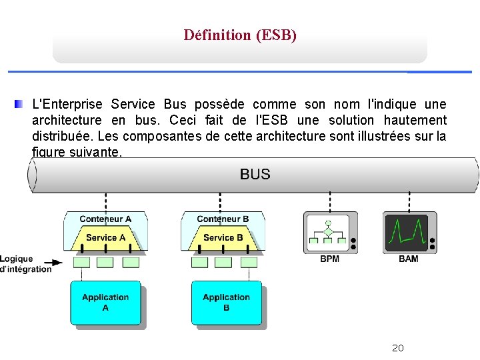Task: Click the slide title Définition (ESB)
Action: coord(240,35)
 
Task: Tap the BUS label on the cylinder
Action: coord(255,175)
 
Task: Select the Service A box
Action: coord(105,238)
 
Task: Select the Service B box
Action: coord(223,238)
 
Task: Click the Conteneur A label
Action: coord(105,219)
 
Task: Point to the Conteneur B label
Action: coord(223,219)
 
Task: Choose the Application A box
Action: coord(105,303)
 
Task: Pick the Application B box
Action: coord(226,303)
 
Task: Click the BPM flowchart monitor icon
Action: coord(330,232)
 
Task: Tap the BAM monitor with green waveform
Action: coord(409,232)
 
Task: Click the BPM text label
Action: coord(329,259)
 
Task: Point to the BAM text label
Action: coord(409,259)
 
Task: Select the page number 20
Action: coord(398,348)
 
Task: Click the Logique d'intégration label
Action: coord(25,264)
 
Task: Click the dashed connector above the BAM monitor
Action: coord(409,201)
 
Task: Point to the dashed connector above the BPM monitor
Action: coord(330,201)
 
